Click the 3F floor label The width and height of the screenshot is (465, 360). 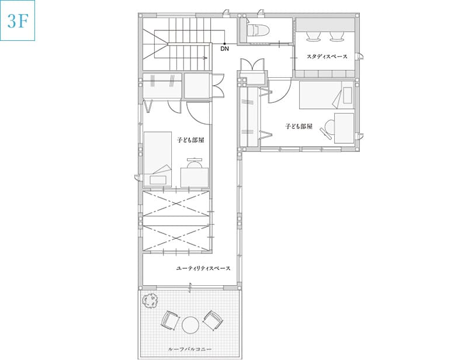[x=18, y=21]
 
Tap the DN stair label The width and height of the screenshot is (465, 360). [x=225, y=49]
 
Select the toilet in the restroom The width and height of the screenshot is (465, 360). [x=258, y=30]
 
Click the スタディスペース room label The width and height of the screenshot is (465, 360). [x=327, y=56]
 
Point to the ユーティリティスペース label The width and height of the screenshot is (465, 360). [x=203, y=268]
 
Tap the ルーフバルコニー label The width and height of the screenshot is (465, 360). [x=190, y=349]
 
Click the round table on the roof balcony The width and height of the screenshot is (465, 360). [x=190, y=326]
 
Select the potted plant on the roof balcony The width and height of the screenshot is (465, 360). [x=150, y=301]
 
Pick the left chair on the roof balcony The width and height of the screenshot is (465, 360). [x=170, y=320]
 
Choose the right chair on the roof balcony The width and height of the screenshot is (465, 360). [x=212, y=320]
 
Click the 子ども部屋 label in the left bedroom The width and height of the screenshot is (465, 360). [x=190, y=140]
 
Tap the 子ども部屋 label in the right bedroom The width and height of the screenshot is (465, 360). [x=299, y=126]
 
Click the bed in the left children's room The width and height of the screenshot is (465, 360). [x=158, y=160]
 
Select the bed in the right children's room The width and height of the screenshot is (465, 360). [x=327, y=95]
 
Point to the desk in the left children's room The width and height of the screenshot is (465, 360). [x=195, y=178]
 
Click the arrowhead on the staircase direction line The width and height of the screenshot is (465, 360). [x=205, y=58]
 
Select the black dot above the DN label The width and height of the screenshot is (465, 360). [x=224, y=44]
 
